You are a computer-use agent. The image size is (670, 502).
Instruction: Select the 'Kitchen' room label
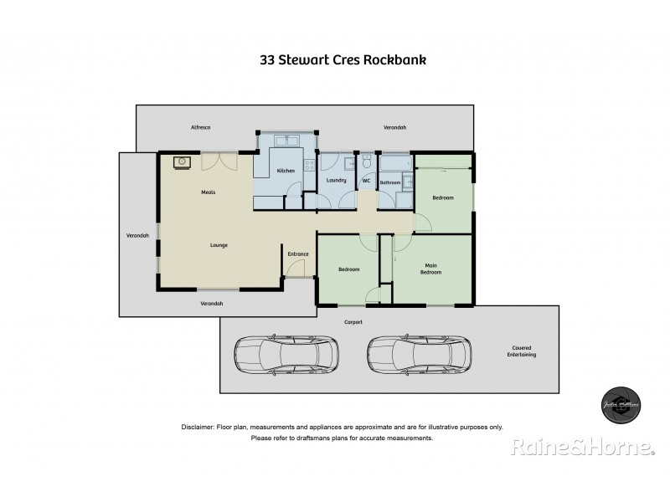286,171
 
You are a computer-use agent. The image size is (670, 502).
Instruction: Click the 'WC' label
366,181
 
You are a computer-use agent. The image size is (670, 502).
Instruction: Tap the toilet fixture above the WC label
366,161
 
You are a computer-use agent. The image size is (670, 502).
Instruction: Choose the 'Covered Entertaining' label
523,351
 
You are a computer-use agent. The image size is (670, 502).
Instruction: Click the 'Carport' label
353,321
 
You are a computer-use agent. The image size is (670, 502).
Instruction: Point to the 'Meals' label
209,192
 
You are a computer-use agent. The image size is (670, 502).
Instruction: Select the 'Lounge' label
219,245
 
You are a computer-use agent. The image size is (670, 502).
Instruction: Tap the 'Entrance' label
298,254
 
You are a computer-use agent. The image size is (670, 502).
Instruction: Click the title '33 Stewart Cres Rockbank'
334,60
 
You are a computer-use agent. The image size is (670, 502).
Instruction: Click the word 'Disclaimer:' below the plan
198,427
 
